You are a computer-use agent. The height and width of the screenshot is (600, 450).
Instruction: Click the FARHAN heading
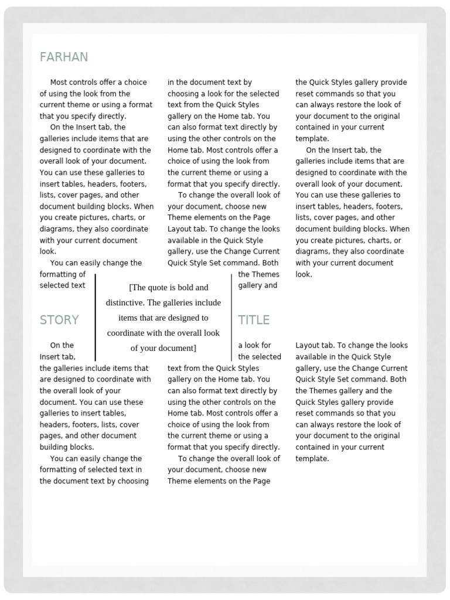pos(64,57)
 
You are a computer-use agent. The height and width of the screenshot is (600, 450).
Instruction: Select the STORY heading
pos(59,320)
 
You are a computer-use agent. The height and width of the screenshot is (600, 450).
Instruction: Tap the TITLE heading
pos(254,320)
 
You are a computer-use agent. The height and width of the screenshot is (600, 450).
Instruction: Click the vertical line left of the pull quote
pos(95,316)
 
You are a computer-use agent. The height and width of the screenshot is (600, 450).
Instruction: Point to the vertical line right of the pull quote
pos(231,316)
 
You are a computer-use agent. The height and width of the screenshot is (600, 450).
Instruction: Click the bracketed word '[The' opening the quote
pos(137,288)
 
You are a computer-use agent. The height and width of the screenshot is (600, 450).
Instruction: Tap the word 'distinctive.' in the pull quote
pos(125,303)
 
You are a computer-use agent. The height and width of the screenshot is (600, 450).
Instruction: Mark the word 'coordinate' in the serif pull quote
pos(126,333)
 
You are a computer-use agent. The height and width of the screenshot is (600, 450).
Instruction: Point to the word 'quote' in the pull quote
pos(158,288)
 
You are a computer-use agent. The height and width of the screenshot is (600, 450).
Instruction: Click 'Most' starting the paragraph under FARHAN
pos(59,83)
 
